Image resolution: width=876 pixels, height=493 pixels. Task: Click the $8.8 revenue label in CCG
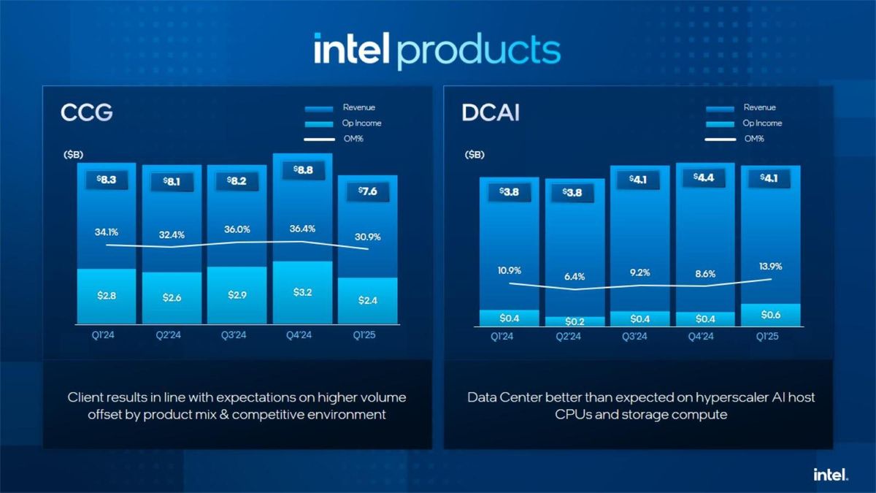302,170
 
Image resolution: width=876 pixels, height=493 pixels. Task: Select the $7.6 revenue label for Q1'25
367,191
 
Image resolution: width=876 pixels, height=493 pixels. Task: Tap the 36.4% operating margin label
302,229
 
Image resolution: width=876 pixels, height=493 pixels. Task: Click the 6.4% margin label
575,277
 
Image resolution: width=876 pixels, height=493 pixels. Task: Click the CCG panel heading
86,114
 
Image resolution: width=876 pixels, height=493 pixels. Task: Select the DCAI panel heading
491,114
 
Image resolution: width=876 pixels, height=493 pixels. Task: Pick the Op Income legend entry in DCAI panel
762,123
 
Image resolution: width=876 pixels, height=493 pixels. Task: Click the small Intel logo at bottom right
831,475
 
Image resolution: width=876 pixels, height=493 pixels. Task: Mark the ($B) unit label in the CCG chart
73,155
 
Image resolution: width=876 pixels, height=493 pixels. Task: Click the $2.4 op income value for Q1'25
367,300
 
